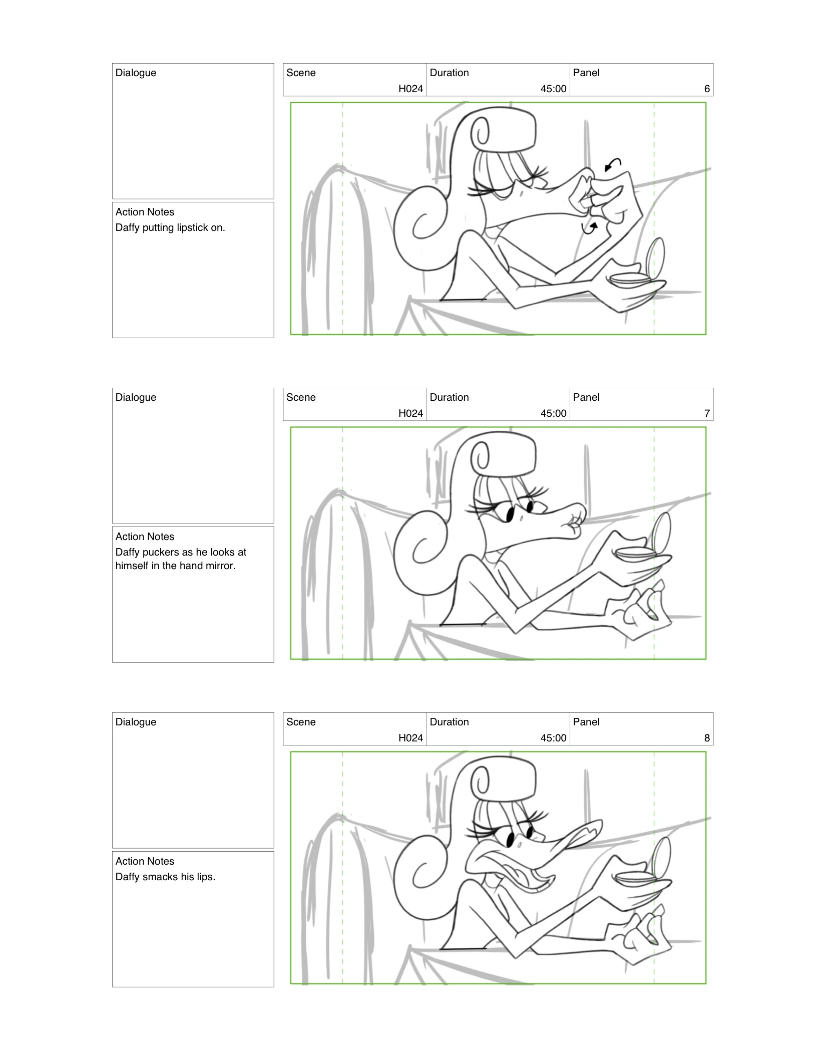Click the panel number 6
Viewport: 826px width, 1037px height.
(x=706, y=89)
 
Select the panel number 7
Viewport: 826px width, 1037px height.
(x=706, y=413)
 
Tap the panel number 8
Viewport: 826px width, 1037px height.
(x=706, y=738)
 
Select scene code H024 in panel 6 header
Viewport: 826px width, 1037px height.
(x=410, y=89)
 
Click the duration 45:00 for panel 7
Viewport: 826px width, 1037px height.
(x=553, y=413)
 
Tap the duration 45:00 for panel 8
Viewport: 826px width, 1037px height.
(x=553, y=738)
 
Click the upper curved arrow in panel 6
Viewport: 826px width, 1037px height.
(x=613, y=164)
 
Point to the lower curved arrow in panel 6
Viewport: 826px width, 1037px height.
(x=590, y=228)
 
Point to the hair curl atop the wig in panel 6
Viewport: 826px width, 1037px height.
(x=483, y=131)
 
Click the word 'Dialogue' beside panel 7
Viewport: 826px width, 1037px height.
(x=136, y=397)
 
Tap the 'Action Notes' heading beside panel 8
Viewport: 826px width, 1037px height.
(x=145, y=861)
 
